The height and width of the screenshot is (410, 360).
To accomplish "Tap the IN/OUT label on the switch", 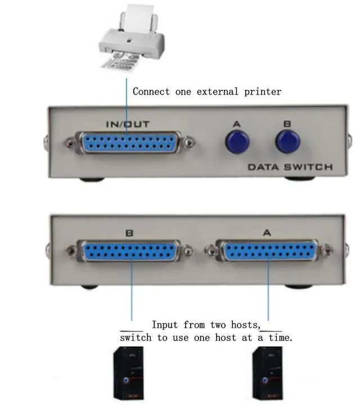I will [128, 124].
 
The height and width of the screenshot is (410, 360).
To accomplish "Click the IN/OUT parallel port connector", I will [129, 143].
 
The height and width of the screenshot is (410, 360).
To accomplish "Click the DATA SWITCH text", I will [290, 167].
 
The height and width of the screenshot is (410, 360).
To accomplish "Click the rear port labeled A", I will [269, 251].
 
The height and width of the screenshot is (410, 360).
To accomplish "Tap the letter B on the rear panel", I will [129, 231].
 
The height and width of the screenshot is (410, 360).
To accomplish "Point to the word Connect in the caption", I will [151, 91].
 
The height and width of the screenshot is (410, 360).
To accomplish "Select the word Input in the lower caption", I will [164, 325].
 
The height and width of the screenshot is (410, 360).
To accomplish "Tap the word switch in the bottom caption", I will [136, 338].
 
